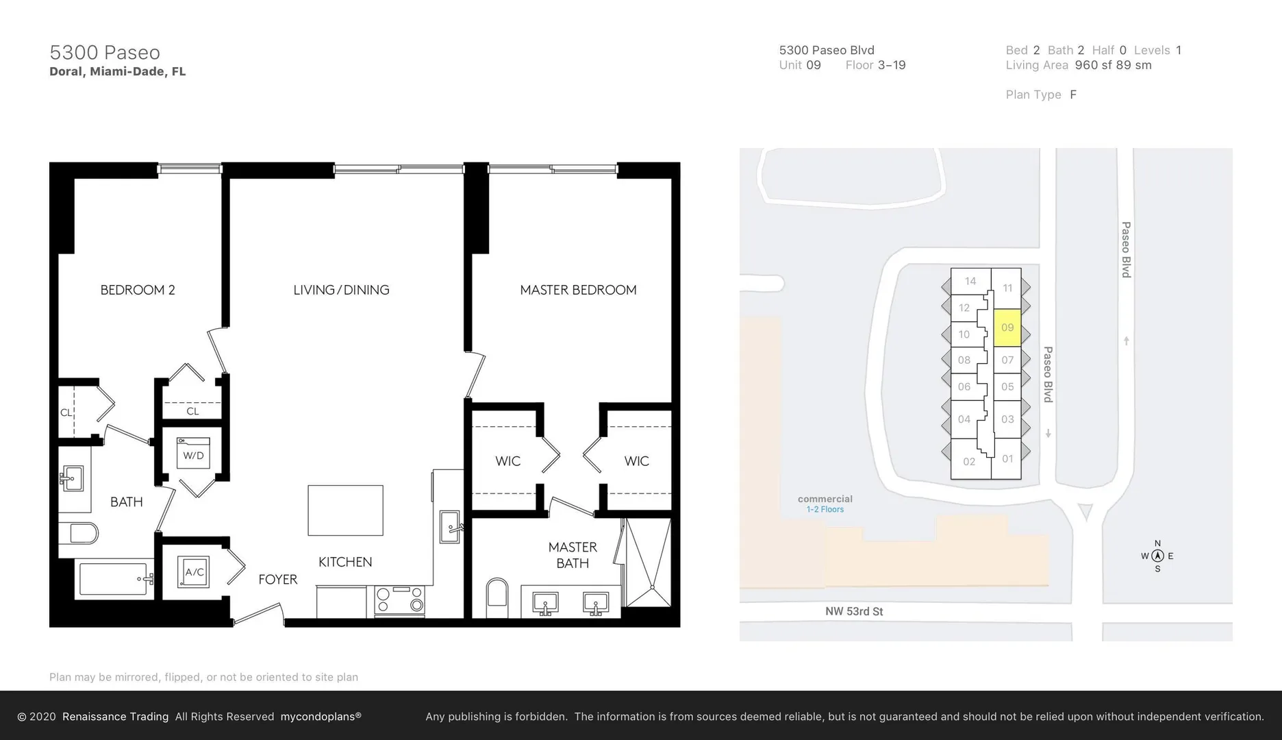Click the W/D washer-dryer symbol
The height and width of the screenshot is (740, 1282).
(x=193, y=453)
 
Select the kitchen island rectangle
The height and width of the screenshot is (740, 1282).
(x=345, y=510)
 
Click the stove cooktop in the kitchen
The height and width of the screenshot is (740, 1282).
(x=400, y=600)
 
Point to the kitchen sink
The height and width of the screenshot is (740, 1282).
(x=450, y=526)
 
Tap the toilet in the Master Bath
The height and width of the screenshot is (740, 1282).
(x=497, y=598)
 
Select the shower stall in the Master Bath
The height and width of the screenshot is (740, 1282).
(x=647, y=563)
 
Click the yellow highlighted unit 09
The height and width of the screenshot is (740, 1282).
(x=1007, y=328)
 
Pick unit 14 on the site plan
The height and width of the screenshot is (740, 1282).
(x=970, y=281)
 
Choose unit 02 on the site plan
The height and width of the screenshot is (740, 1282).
(x=970, y=461)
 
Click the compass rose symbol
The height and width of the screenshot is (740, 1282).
(x=1157, y=556)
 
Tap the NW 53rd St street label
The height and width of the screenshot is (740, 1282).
(x=854, y=611)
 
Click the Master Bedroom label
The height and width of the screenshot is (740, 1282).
(x=578, y=290)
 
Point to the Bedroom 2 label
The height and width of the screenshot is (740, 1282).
(x=138, y=290)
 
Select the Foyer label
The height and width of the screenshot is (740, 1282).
(x=278, y=580)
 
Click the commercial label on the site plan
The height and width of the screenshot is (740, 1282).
(x=825, y=499)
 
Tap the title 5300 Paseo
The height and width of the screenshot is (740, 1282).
(x=105, y=52)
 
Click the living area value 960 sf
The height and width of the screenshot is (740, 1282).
(x=1093, y=65)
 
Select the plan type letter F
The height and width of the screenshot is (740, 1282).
(x=1073, y=95)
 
